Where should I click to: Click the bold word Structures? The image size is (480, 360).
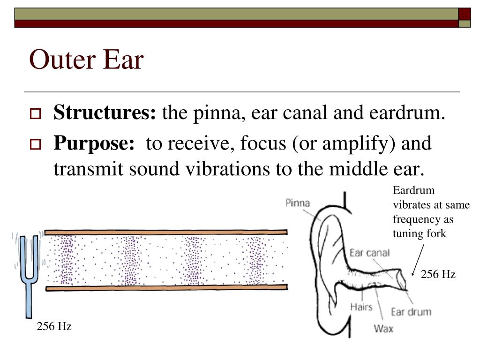(104, 113)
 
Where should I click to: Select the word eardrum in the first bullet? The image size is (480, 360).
(406, 113)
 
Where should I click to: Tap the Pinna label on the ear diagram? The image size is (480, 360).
(298, 203)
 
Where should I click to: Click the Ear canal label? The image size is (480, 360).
(370, 253)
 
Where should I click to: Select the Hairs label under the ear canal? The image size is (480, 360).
(361, 307)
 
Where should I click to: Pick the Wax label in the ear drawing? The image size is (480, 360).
(383, 328)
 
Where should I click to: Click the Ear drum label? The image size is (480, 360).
(411, 312)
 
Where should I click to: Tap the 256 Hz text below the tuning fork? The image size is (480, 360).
(54, 327)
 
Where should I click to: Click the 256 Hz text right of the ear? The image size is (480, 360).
(438, 274)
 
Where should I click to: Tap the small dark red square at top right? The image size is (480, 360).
(464, 14)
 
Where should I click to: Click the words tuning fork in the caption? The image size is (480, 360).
(420, 233)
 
